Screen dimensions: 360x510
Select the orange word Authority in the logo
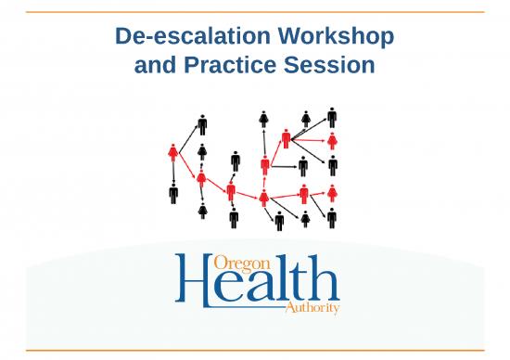[308, 307]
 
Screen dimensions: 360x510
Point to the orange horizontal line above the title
[255, 11]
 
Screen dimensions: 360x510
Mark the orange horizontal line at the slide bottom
[255, 350]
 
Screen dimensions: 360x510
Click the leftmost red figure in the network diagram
[173, 152]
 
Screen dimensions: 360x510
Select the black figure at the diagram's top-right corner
[332, 117]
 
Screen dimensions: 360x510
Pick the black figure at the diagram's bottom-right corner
[332, 217]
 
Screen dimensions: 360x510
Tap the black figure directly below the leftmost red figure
[173, 194]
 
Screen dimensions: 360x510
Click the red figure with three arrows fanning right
[287, 139]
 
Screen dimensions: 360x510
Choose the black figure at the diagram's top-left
[202, 124]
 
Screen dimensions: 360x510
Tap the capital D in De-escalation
[122, 38]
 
